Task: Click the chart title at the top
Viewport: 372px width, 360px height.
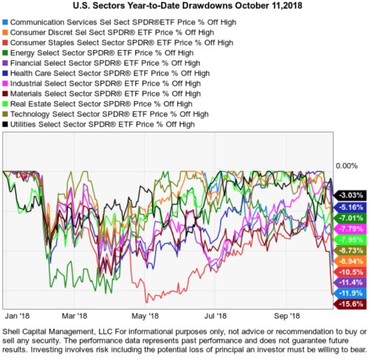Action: pyautogui.click(x=186, y=6)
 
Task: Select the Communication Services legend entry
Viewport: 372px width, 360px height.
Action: pyautogui.click(x=101, y=22)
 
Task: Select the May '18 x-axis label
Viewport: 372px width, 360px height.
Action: pyautogui.click(x=145, y=315)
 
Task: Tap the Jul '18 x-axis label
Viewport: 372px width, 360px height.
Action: pyautogui.click(x=216, y=315)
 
